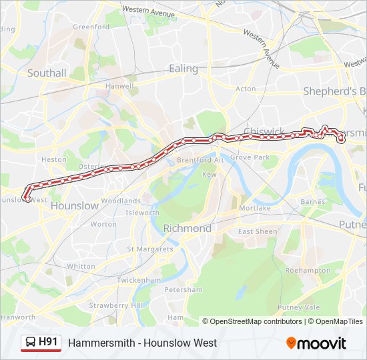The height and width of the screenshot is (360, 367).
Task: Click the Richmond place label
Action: pyautogui.click(x=188, y=228)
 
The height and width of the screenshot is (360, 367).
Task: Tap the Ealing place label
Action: pyautogui.click(x=183, y=69)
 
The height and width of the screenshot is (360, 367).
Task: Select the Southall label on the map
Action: pyautogui.click(x=46, y=73)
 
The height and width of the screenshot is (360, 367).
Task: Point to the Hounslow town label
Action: pyautogui.click(x=74, y=206)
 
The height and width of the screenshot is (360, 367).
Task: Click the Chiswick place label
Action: pyautogui.click(x=264, y=131)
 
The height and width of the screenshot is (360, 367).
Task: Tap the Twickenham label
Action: pyautogui.click(x=139, y=280)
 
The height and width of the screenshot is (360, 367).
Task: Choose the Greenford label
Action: pyautogui.click(x=91, y=27)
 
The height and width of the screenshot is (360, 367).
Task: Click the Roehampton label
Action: pyautogui.click(x=308, y=271)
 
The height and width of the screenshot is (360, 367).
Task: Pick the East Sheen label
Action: pyautogui.click(x=258, y=231)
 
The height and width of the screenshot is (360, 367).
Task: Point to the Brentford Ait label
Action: pyautogui.click(x=200, y=160)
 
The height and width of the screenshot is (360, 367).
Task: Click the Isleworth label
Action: pyautogui.click(x=142, y=213)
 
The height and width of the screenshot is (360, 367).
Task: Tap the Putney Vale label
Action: pyautogui.click(x=299, y=307)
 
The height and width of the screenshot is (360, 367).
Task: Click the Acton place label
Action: pyautogui.click(x=246, y=89)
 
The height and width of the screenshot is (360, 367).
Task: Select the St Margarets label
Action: pyautogui.click(x=150, y=249)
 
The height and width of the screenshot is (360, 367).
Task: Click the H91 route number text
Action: pyautogui.click(x=49, y=342)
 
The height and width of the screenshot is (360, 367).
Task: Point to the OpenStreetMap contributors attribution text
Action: pyautogui.click(x=252, y=321)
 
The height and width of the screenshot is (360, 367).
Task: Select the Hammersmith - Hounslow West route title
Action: pyautogui.click(x=142, y=343)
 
